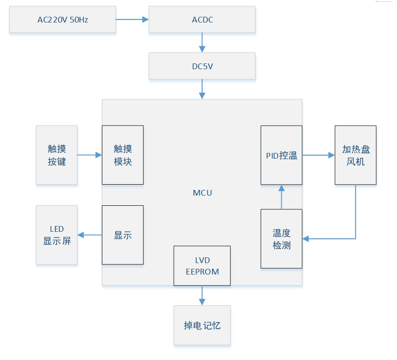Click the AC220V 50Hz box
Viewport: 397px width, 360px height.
(x=62, y=19)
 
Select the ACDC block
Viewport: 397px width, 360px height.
(x=202, y=19)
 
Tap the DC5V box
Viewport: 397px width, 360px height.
(x=202, y=66)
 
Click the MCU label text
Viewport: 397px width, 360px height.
(x=202, y=193)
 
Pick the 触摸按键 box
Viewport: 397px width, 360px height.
(x=57, y=155)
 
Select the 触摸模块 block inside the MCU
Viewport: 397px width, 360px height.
(x=123, y=155)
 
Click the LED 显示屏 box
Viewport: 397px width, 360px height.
(x=57, y=235)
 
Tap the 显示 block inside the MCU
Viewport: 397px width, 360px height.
(x=123, y=235)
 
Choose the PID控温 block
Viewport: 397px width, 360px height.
(x=281, y=155)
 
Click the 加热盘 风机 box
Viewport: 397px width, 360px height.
(x=355, y=155)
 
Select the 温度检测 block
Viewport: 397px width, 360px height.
(x=281, y=238)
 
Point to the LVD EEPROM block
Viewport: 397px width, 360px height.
(x=202, y=266)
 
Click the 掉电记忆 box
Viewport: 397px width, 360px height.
(x=202, y=325)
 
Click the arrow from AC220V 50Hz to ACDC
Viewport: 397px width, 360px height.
(x=132, y=19)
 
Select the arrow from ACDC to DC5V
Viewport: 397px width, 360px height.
(x=202, y=43)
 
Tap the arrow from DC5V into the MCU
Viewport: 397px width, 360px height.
(x=202, y=89)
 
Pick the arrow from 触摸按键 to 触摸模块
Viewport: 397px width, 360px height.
(x=89, y=155)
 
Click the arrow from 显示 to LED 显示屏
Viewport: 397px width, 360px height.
(x=89, y=235)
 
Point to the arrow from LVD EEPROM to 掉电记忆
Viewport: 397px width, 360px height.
(x=202, y=295)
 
